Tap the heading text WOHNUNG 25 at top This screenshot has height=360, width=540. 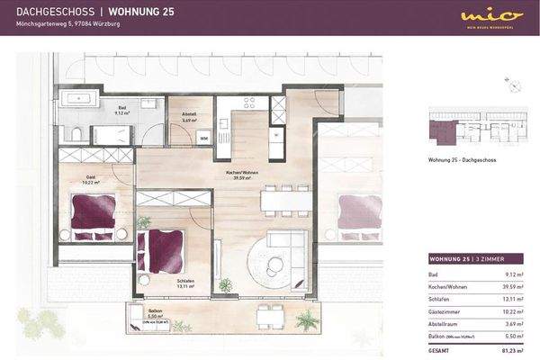pyautogui.click(x=140, y=11)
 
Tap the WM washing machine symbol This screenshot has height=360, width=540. pyautogui.click(x=203, y=139)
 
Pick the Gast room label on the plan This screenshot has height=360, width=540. pyautogui.click(x=91, y=178)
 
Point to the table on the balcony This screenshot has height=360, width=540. pyautogui.click(x=267, y=314)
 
